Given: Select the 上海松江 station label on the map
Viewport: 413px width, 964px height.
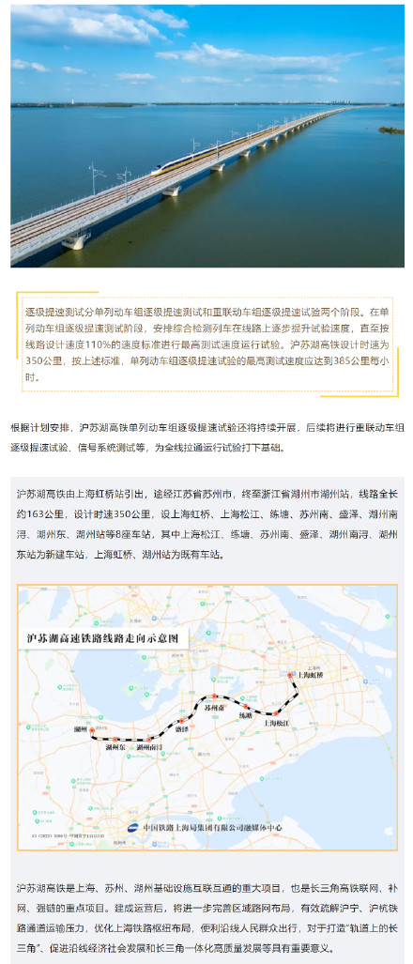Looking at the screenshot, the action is [282, 723].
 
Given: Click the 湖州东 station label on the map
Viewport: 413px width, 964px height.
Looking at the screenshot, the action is [116, 747].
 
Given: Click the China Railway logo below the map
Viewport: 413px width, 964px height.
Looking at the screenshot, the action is [133, 827].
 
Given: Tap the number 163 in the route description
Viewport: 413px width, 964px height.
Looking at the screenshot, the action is [39, 513].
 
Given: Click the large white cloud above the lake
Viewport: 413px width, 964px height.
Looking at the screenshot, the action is [103, 23].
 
